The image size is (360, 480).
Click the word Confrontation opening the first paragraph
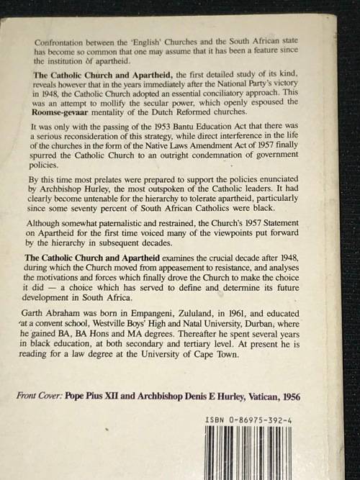[x=60, y=42]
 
